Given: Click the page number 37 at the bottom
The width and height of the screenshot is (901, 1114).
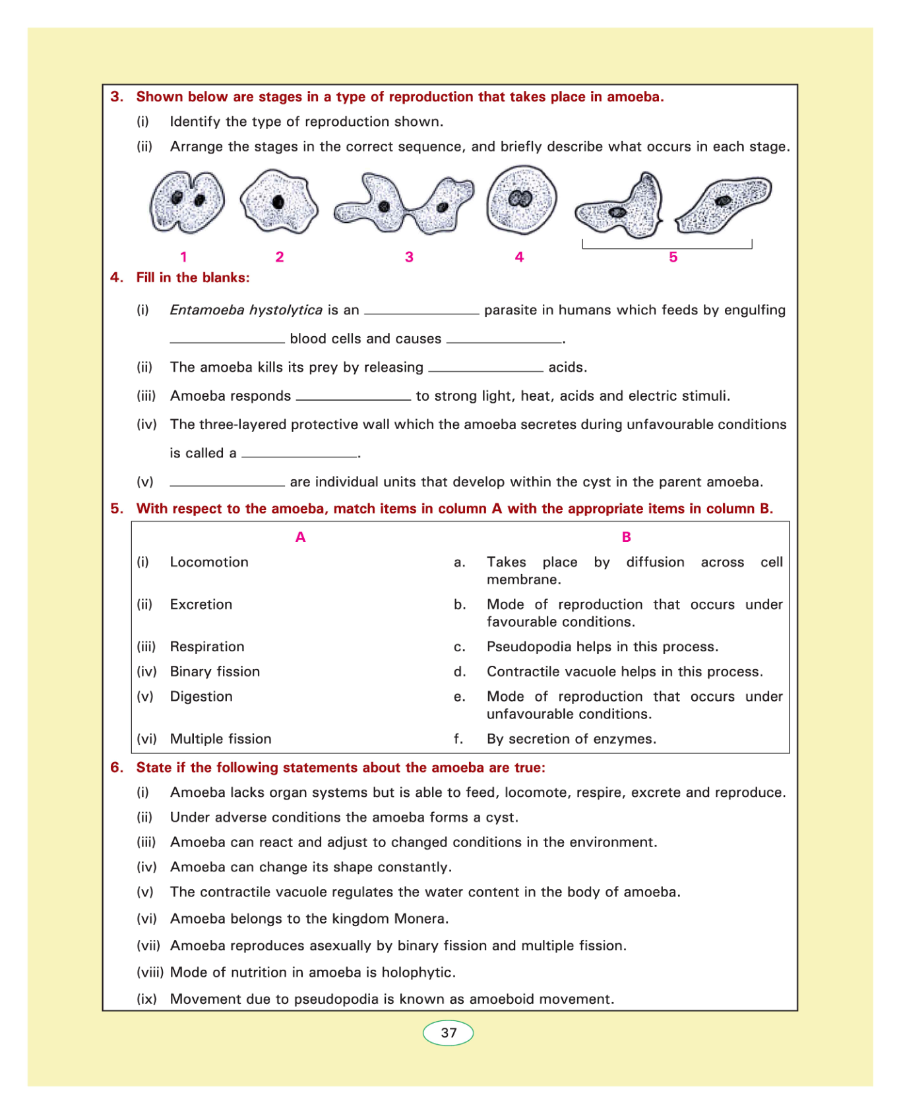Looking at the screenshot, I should [x=449, y=1033].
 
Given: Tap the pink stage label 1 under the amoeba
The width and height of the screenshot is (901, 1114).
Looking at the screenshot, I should [x=184, y=257].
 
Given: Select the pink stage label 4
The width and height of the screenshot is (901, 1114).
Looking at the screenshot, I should [x=520, y=257].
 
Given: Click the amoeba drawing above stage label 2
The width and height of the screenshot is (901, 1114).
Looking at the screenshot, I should [x=279, y=202].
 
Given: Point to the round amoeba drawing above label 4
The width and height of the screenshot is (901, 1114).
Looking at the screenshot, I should [x=521, y=200].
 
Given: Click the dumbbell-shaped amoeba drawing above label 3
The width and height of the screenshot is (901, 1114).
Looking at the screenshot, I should [x=404, y=203].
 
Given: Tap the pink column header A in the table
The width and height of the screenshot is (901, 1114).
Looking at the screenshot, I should [x=301, y=537].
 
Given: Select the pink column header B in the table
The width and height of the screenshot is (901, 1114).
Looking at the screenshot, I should [x=627, y=537].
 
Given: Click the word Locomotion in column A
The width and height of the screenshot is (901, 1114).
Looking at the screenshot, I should [x=209, y=562].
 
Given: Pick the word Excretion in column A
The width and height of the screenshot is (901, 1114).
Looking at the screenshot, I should [x=201, y=604].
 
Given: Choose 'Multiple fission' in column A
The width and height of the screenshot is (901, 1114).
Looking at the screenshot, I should [x=221, y=739].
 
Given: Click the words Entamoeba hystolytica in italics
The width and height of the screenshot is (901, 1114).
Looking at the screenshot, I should [x=246, y=310].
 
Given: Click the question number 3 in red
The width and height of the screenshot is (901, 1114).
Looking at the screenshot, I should [x=117, y=97].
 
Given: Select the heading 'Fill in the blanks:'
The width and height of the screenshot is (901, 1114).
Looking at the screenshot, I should [x=193, y=278].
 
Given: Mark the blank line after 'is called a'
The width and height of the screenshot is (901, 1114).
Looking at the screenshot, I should [x=299, y=455].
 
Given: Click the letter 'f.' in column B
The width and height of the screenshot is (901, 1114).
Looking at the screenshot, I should [x=459, y=739].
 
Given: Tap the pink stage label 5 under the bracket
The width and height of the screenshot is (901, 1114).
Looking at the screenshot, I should [x=673, y=257].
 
